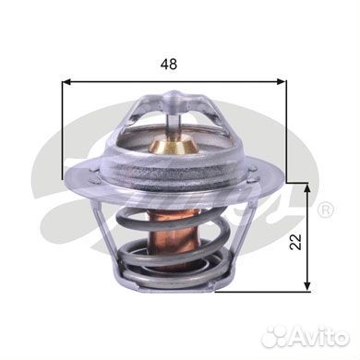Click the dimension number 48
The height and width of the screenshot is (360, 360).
tap(169, 65)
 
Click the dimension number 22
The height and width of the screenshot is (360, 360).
tap(296, 242)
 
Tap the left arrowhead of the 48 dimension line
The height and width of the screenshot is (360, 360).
tap(66, 82)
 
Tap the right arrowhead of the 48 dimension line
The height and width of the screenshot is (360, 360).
tap(282, 82)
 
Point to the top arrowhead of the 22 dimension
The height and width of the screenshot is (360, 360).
tap(307, 187)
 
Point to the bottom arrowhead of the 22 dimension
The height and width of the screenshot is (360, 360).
tap(307, 286)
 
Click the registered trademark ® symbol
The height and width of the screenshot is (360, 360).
tap(326, 210)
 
